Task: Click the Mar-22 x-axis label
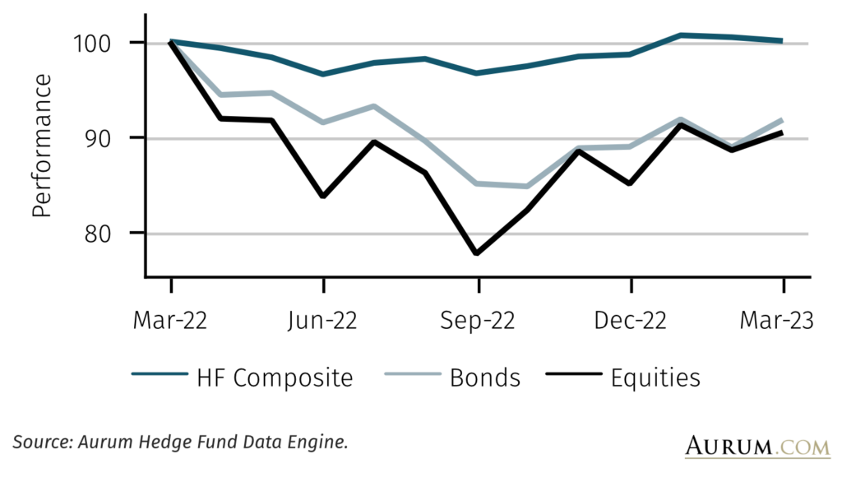pyautogui.click(x=170, y=321)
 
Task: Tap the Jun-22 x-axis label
pyautogui.click(x=323, y=321)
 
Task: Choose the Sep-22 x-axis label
pyautogui.click(x=477, y=321)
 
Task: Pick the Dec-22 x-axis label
pyautogui.click(x=630, y=321)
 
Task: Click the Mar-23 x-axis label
pyautogui.click(x=782, y=321)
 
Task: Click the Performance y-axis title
pyautogui.click(x=42, y=146)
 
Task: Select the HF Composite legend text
pyautogui.click(x=274, y=378)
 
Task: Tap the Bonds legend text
pyautogui.click(x=485, y=378)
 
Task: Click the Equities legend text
pyautogui.click(x=655, y=378)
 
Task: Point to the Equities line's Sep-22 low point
pyautogui.click(x=477, y=253)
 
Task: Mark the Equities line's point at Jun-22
pyautogui.click(x=323, y=197)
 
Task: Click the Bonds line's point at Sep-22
pyautogui.click(x=477, y=183)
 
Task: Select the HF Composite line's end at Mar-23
pyautogui.click(x=781, y=40)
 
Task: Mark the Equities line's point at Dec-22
pyautogui.click(x=630, y=183)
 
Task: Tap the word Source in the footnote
pyautogui.click(x=42, y=442)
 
